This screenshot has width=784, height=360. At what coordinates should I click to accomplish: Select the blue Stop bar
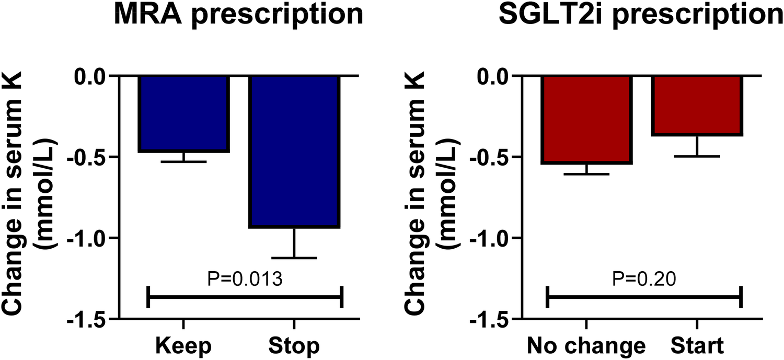click(294, 152)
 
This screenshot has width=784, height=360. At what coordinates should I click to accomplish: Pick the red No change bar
click(587, 120)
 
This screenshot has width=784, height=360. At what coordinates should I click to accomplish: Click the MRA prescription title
click(239, 15)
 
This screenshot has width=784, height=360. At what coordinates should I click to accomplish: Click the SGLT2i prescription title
click(641, 15)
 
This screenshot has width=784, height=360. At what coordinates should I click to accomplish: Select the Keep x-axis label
click(183, 346)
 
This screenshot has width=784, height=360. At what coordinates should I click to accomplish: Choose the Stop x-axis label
click(294, 346)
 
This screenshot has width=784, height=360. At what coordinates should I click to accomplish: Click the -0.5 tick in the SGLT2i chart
click(489, 157)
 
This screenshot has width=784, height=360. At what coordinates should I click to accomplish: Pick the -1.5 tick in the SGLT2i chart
click(489, 319)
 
